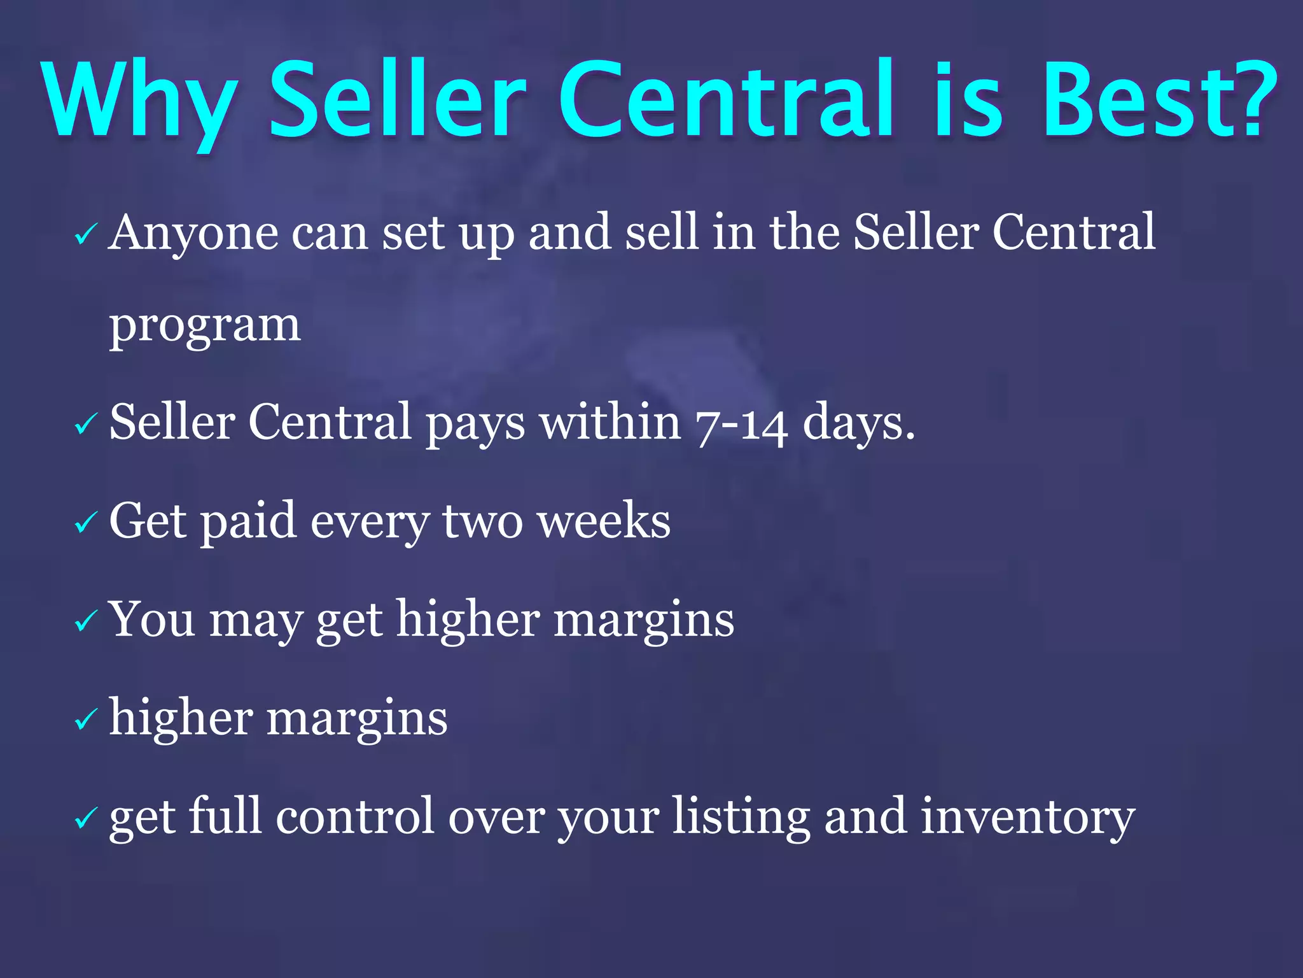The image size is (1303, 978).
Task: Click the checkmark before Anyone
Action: click(x=85, y=234)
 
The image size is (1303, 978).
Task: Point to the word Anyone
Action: click(x=193, y=233)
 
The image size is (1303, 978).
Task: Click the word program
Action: click(x=205, y=326)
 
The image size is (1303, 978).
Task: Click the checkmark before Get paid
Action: click(x=85, y=523)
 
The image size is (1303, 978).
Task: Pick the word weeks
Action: click(x=604, y=521)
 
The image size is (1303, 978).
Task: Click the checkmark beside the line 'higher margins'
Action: click(x=85, y=719)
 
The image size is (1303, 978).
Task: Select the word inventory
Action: click(x=1028, y=818)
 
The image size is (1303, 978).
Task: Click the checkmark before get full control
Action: click(x=85, y=818)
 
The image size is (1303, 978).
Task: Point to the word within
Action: click(x=611, y=422)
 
